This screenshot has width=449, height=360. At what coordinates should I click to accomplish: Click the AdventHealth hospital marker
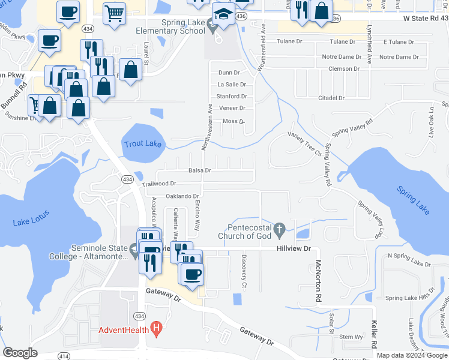point(157,328)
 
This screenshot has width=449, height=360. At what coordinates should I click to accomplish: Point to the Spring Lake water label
point(413,200)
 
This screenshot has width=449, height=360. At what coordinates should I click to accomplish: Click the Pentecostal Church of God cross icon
point(279,229)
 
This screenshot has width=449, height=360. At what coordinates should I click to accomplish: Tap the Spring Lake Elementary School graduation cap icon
point(223,14)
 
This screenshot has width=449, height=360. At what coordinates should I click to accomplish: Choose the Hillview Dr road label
point(294,248)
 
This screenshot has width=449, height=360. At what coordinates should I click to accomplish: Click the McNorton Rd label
point(318,280)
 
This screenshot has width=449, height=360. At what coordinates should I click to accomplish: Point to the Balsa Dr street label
point(199,170)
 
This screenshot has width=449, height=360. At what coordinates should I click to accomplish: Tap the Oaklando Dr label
point(182,196)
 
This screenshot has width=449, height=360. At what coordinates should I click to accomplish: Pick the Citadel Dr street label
point(332,98)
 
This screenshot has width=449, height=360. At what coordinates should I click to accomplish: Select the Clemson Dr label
point(343,69)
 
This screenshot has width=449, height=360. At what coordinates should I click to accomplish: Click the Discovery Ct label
point(244,271)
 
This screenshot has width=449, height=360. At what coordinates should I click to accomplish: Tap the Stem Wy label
point(351,337)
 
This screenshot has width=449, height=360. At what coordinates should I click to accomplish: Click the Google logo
point(20,353)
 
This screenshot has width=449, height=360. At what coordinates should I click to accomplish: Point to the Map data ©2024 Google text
point(411,355)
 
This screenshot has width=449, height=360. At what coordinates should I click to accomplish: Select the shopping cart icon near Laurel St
point(114,13)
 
